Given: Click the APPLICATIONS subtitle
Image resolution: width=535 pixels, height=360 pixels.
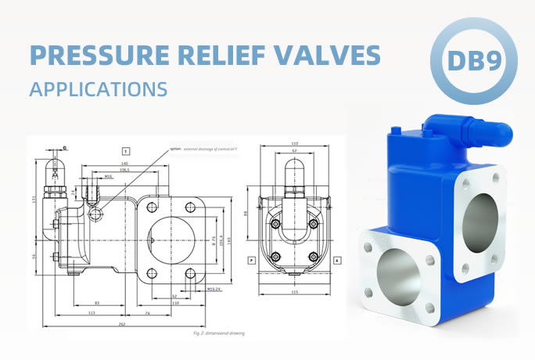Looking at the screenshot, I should click(x=99, y=88).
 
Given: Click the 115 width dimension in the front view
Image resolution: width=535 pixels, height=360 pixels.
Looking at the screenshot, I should click(x=294, y=292).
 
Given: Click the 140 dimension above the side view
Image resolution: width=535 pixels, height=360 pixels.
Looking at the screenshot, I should click(x=124, y=163).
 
